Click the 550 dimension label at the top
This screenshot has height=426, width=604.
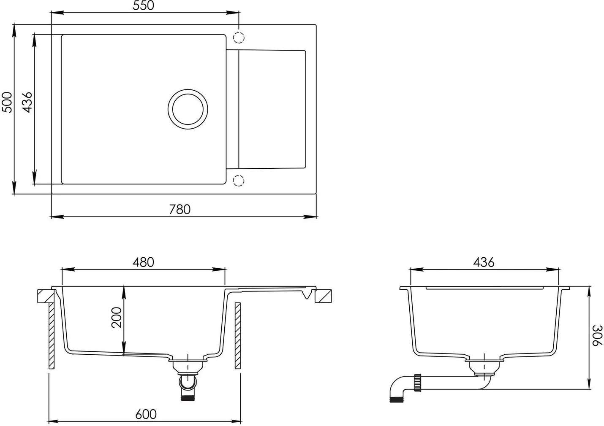144,5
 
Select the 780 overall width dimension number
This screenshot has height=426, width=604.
180,210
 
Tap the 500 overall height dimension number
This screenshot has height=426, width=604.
7,102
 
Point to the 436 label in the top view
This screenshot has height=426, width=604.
27,102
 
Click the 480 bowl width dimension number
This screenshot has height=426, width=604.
143,262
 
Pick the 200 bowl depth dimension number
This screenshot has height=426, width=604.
117,318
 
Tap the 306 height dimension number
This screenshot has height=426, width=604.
597,335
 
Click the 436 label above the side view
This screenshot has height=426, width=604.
484,262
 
